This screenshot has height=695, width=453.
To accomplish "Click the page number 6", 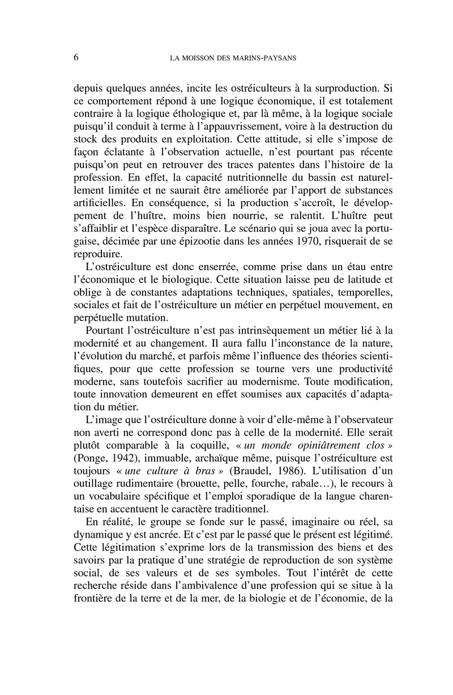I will coord(76,57).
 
